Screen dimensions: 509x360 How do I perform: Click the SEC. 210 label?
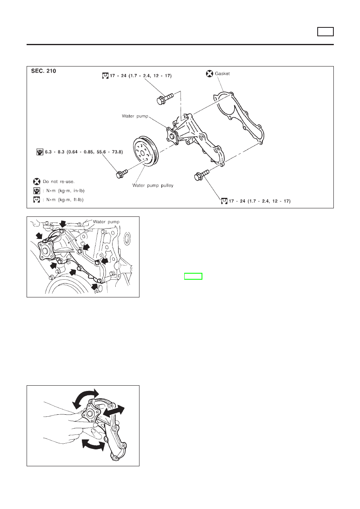coord(44,71)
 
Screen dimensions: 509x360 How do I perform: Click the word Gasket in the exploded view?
coord(222,74)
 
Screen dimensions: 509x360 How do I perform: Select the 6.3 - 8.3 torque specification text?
coord(83,152)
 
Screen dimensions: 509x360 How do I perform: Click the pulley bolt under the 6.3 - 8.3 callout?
coord(121,174)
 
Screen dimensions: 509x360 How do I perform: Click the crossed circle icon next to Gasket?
coord(210,74)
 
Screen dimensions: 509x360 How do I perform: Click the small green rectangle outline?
coord(193,276)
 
